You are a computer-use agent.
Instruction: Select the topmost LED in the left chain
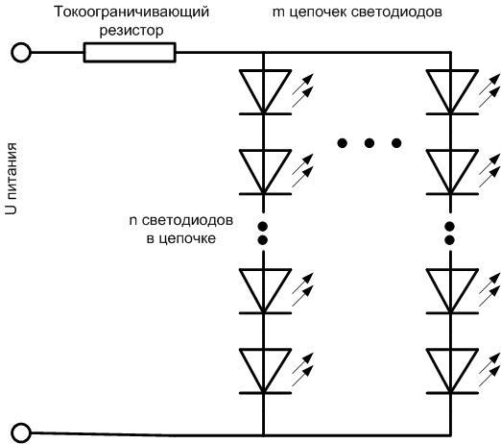point(263,91)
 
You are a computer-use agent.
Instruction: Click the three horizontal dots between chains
point(369,143)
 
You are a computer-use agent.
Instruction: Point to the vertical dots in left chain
point(263,231)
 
